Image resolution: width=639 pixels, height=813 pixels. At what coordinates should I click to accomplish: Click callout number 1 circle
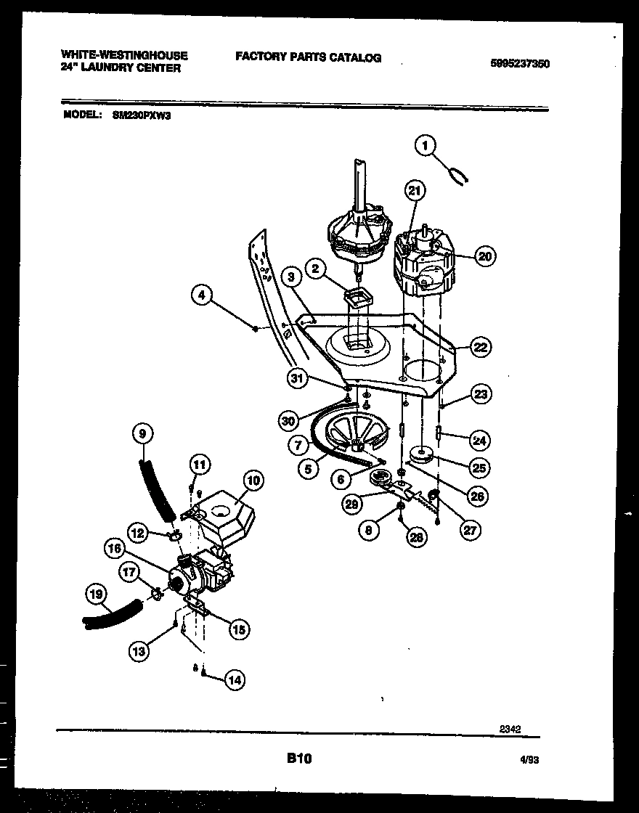tap(426, 146)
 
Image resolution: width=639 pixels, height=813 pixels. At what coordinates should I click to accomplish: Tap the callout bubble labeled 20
tap(485, 255)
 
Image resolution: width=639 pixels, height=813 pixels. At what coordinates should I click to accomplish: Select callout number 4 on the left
tap(203, 295)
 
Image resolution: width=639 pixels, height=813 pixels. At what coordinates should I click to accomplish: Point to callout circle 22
tap(480, 348)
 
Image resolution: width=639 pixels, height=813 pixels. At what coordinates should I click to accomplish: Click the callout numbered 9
tap(142, 433)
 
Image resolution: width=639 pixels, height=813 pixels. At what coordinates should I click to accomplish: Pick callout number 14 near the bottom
tap(234, 680)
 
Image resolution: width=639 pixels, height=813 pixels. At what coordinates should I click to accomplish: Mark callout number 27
tap(470, 530)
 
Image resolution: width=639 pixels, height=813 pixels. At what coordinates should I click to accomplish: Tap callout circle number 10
tap(252, 480)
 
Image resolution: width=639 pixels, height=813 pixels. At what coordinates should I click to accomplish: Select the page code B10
tap(298, 759)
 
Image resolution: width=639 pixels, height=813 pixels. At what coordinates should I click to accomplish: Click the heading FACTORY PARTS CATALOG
tap(308, 58)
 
